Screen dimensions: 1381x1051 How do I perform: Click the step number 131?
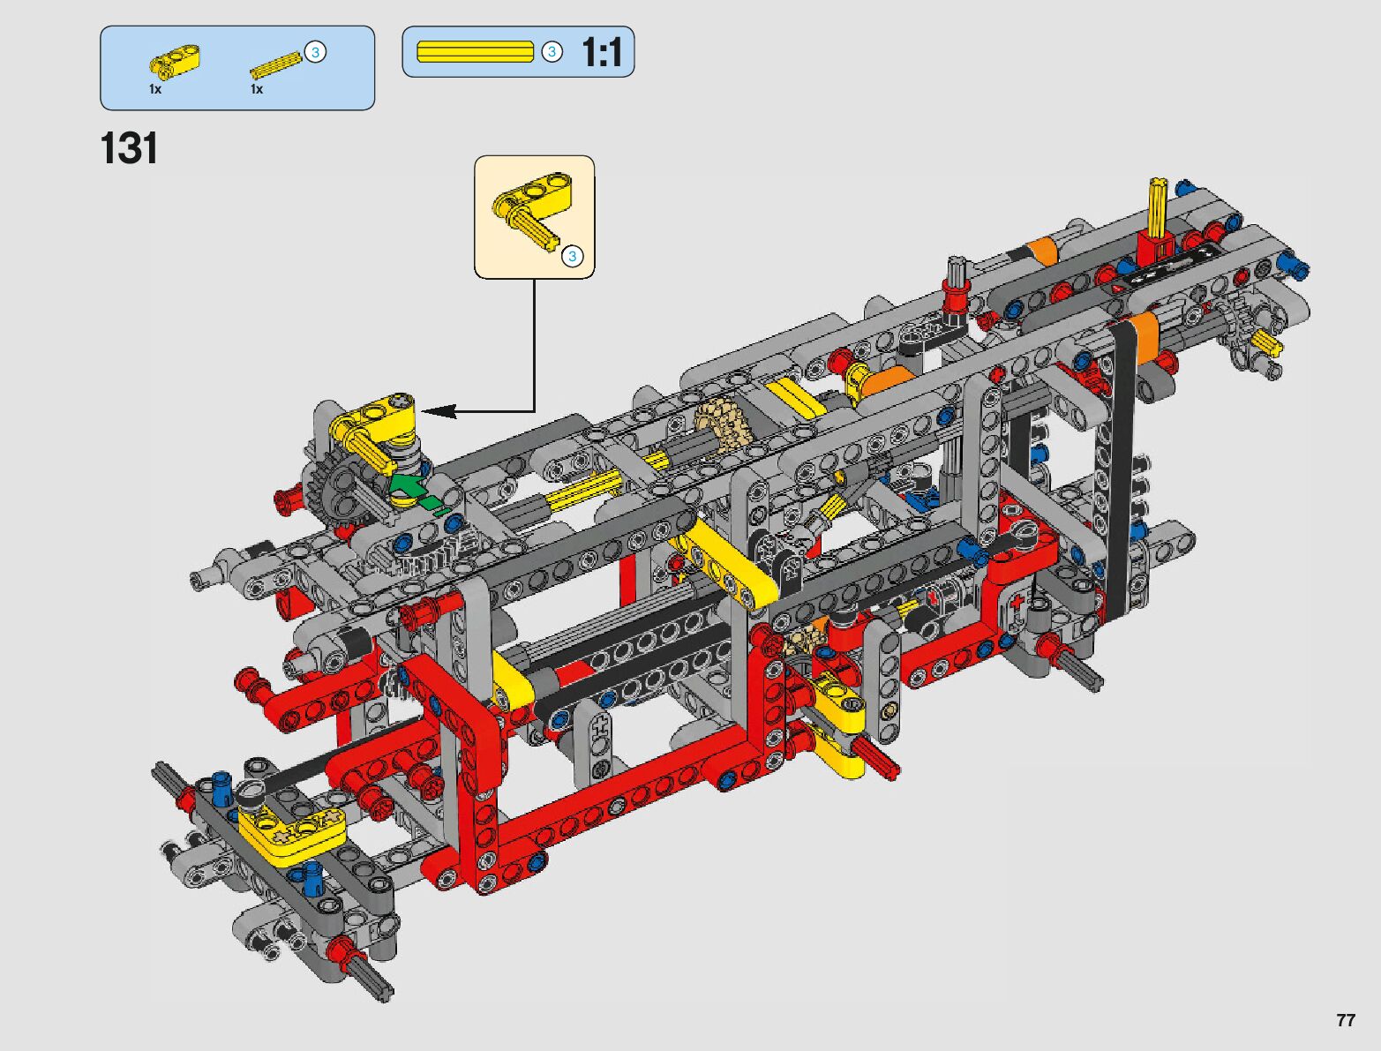(129, 148)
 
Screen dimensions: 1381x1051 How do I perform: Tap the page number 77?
(1346, 1020)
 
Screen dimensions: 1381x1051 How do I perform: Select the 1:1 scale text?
(602, 52)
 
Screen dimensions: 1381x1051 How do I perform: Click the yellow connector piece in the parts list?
(174, 62)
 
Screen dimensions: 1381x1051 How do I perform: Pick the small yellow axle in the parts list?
(275, 65)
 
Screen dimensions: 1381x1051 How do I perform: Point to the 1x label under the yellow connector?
(155, 89)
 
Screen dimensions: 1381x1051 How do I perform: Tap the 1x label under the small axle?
(257, 89)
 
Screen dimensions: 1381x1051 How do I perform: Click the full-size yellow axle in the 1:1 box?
(475, 51)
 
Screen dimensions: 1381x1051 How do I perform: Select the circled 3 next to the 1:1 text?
(552, 51)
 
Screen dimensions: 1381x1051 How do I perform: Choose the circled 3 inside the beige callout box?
(572, 256)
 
